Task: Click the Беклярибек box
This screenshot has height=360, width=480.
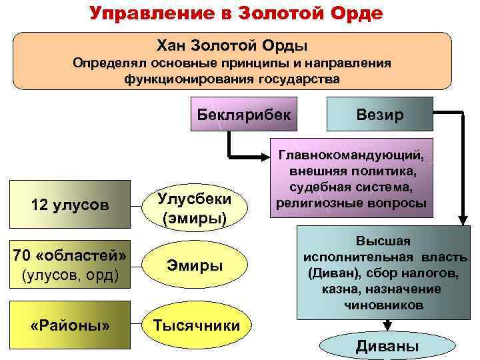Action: click(x=243, y=113)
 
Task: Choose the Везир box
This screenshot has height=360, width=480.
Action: click(x=379, y=114)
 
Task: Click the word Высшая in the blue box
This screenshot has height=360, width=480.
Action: click(x=383, y=241)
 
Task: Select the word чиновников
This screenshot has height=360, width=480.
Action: click(x=383, y=305)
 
